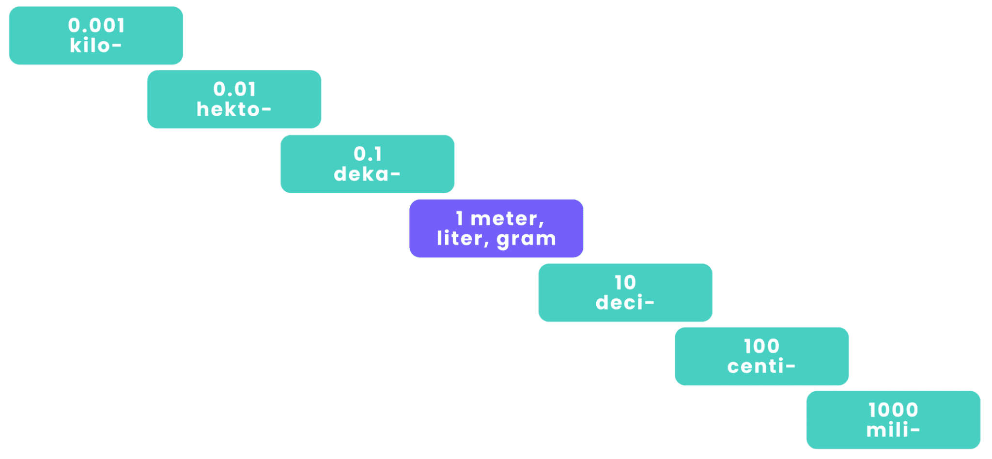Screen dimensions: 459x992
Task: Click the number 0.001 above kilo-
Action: pos(96,26)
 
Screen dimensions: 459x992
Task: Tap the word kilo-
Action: pos(95,46)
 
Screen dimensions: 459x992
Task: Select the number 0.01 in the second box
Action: pos(234,89)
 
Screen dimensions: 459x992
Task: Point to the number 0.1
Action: pos(368,154)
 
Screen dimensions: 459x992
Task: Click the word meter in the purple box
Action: pos(504,219)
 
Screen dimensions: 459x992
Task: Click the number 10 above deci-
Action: pos(625,283)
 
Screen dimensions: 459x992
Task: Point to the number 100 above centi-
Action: pos(761,347)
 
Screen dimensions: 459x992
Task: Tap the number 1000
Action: pos(893,411)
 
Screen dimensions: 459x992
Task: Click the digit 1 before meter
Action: pos(459,219)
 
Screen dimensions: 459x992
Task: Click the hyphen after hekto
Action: pos(266,110)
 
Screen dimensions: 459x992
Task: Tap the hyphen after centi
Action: pos(790,367)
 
